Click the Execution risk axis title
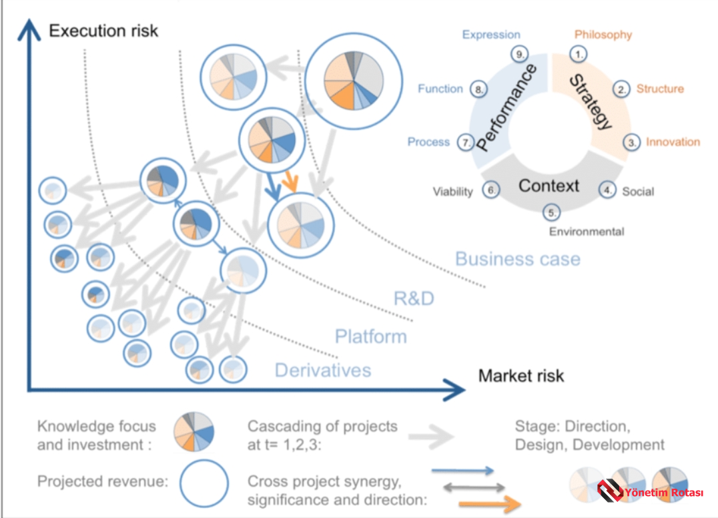click(x=103, y=30)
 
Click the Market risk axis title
click(x=520, y=376)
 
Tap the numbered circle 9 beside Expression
click(x=519, y=55)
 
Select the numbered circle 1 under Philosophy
click(x=579, y=55)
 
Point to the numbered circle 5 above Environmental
click(x=552, y=213)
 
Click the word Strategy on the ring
click(x=590, y=102)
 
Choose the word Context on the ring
click(x=549, y=185)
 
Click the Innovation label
click(x=673, y=142)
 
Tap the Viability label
click(x=452, y=192)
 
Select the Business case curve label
click(x=518, y=259)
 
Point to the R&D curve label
click(x=414, y=298)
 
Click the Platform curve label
click(x=370, y=336)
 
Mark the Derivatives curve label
click(x=322, y=370)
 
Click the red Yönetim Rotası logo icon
click(x=609, y=492)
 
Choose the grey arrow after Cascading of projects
click(x=431, y=435)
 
